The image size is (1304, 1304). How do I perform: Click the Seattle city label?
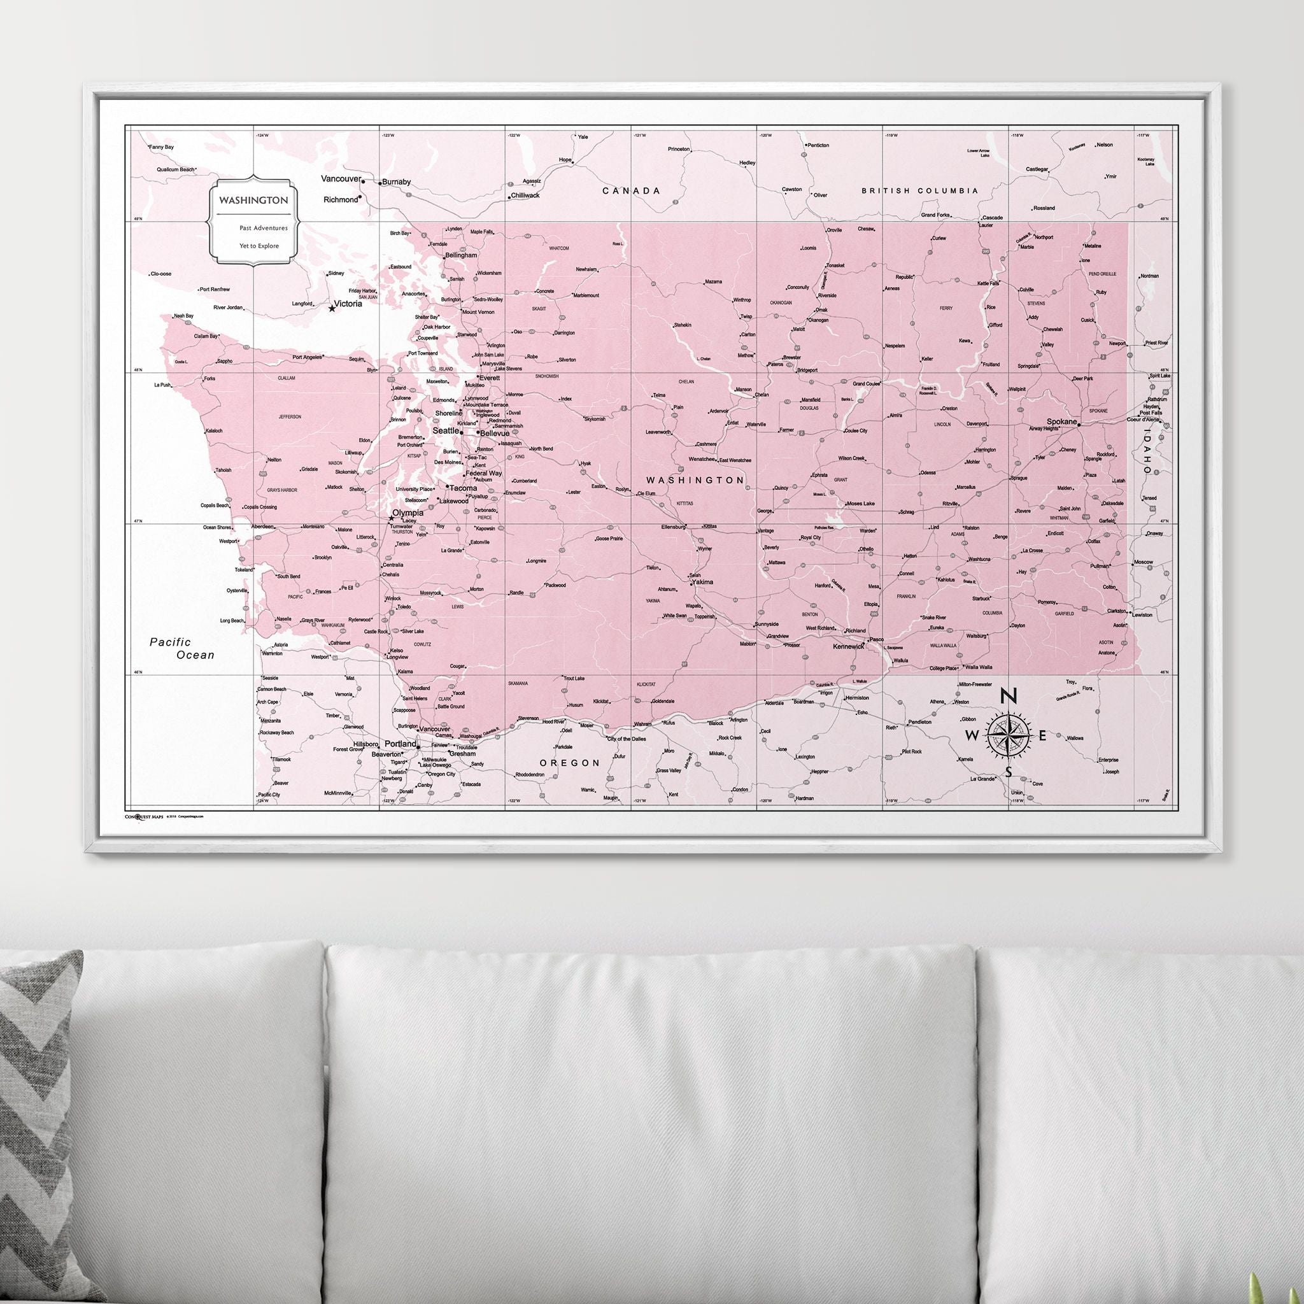pyautogui.click(x=445, y=430)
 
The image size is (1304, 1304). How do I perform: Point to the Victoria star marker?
pyautogui.click(x=331, y=308)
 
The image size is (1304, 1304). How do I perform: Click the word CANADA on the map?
pyautogui.click(x=631, y=191)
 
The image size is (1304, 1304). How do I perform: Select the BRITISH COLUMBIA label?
pyautogui.click(x=919, y=191)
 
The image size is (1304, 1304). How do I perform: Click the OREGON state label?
pyautogui.click(x=570, y=763)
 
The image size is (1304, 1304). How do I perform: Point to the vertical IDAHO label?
pyautogui.click(x=1146, y=452)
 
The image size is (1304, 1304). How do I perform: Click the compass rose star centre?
pyautogui.click(x=1009, y=735)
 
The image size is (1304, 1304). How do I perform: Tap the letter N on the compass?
pyautogui.click(x=1009, y=696)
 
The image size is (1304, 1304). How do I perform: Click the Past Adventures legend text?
pyautogui.click(x=263, y=228)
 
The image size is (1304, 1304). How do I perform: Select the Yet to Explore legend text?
pyautogui.click(x=259, y=246)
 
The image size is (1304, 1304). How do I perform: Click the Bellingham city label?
pyautogui.click(x=461, y=256)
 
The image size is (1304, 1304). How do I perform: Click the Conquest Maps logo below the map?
pyautogui.click(x=145, y=816)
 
